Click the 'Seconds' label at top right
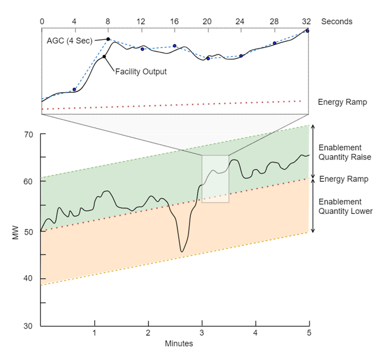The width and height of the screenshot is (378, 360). click(336, 21)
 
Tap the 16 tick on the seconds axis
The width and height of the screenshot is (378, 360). click(174, 21)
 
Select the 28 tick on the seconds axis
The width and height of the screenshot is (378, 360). click(274, 21)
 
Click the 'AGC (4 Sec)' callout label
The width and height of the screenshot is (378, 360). click(69, 40)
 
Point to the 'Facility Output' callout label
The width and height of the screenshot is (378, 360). click(141, 72)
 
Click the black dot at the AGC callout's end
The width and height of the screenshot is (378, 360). click(108, 39)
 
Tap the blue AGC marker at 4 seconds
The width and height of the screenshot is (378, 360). click(75, 90)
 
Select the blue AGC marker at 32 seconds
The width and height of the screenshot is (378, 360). click(307, 31)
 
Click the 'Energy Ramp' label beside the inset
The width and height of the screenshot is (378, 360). click(342, 102)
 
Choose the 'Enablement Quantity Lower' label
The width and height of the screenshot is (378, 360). click(345, 206)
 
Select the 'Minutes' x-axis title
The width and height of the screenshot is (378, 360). click(179, 344)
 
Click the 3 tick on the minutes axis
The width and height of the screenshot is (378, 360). click(202, 333)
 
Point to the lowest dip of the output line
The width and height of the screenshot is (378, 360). click(181, 251)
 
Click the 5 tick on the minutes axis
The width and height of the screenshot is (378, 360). click(309, 333)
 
